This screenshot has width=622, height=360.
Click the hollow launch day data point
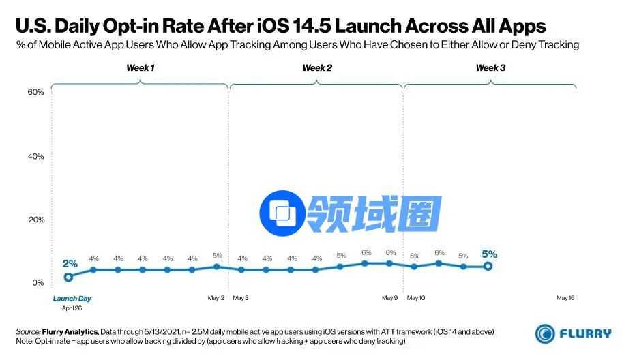coord(68,277)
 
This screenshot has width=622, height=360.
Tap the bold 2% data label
coord(70,263)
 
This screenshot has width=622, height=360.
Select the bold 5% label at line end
coord(489,254)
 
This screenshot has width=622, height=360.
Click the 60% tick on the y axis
coord(35,92)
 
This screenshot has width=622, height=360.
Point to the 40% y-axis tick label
coord(35,156)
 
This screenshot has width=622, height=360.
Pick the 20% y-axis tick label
coord(35,220)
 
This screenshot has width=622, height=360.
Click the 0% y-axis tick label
coord(38,282)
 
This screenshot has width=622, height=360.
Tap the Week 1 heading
coord(140,68)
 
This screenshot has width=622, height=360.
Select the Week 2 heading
coord(317,68)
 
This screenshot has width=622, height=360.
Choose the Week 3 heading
coord(490,68)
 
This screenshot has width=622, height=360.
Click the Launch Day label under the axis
coord(72,298)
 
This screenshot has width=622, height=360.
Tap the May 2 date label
coord(216,298)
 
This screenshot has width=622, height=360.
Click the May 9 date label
coord(389,298)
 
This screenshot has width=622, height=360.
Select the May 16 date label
coord(566,298)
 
